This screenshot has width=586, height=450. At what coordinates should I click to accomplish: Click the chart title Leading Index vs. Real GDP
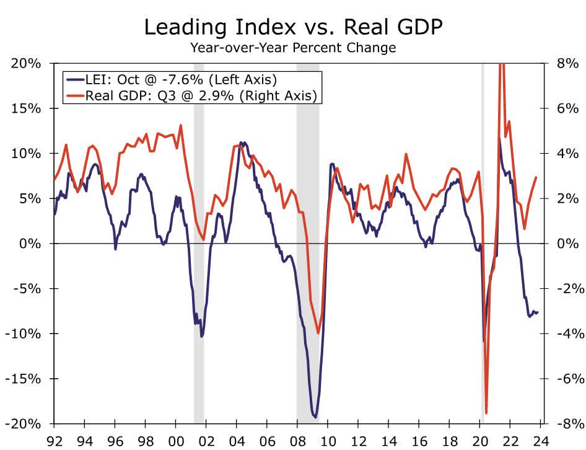(293, 28)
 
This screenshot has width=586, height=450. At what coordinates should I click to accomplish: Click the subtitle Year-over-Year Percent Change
(293, 48)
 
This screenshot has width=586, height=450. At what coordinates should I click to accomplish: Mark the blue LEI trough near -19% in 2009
(315, 417)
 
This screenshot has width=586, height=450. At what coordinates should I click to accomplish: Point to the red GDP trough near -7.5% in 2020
(486, 413)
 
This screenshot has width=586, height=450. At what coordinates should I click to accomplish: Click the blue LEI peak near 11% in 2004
(242, 143)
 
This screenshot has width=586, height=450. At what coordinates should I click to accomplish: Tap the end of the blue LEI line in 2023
(537, 312)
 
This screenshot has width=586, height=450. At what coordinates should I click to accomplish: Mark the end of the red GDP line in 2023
(536, 178)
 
